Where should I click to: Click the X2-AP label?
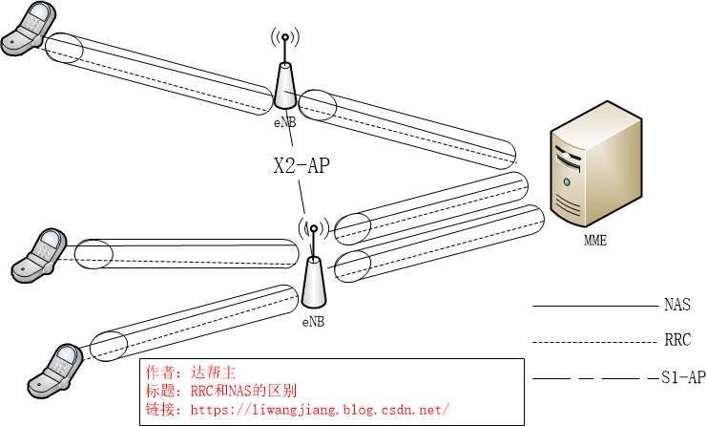pos(302,166)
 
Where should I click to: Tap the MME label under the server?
pos(595,241)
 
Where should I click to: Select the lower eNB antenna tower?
pos(313,282)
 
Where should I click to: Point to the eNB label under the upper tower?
pos(284,122)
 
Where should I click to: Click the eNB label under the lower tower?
pos(313,322)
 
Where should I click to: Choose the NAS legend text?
pos(676,306)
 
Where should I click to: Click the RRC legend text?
pos(676,340)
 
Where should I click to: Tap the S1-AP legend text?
pos(683,377)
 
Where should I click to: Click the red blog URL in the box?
pos(321,409)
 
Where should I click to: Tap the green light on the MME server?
pos(568,181)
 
